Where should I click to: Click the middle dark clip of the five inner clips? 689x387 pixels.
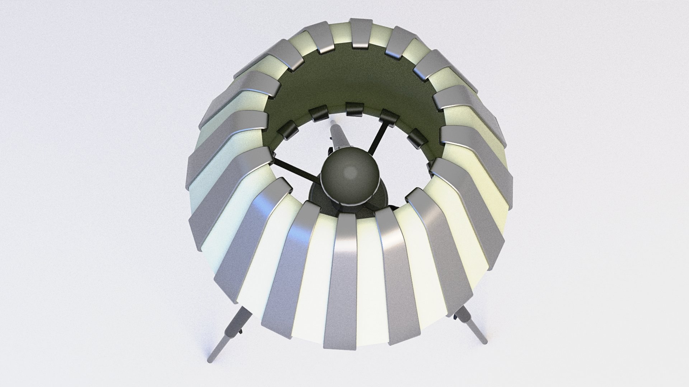[355, 109]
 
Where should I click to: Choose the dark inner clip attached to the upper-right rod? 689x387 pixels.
[389, 118]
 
